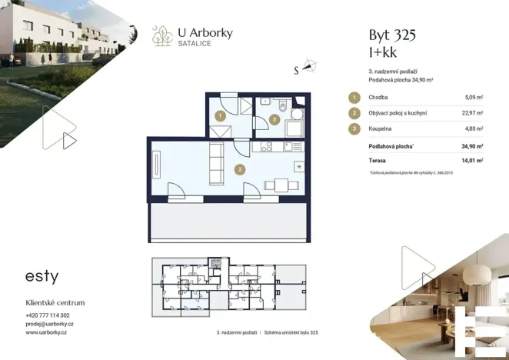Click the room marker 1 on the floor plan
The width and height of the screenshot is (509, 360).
(x=220, y=116)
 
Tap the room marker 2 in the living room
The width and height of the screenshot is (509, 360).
(x=240, y=169)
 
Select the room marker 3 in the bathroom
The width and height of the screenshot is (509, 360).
(x=275, y=120)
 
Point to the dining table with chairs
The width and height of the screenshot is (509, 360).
(x=278, y=185)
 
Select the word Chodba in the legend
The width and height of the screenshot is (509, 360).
(x=378, y=98)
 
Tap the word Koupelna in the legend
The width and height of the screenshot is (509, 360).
(x=381, y=128)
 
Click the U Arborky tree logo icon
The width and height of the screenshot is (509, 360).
(x=162, y=35)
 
